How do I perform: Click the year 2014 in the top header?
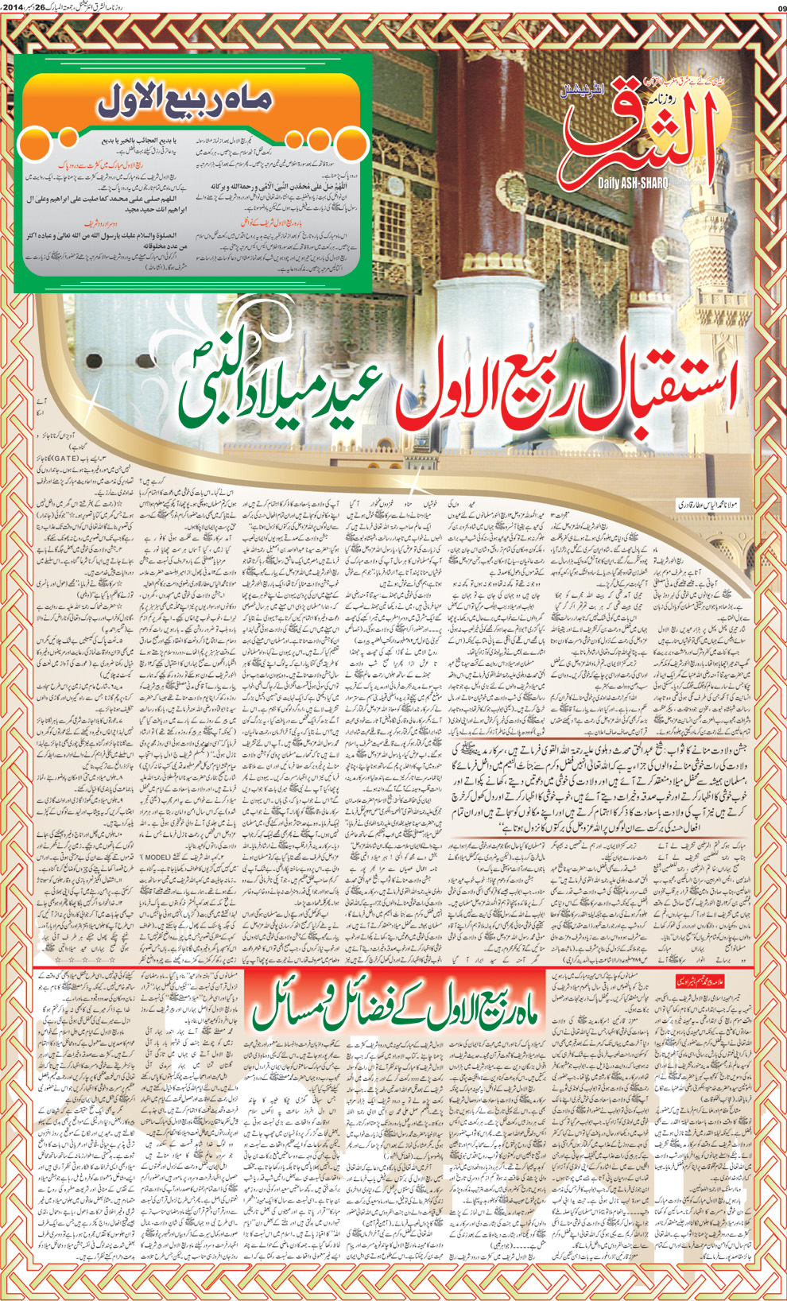coord(17,8)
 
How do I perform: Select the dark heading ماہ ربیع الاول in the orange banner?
coord(185,100)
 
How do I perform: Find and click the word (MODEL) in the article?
coord(156,858)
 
